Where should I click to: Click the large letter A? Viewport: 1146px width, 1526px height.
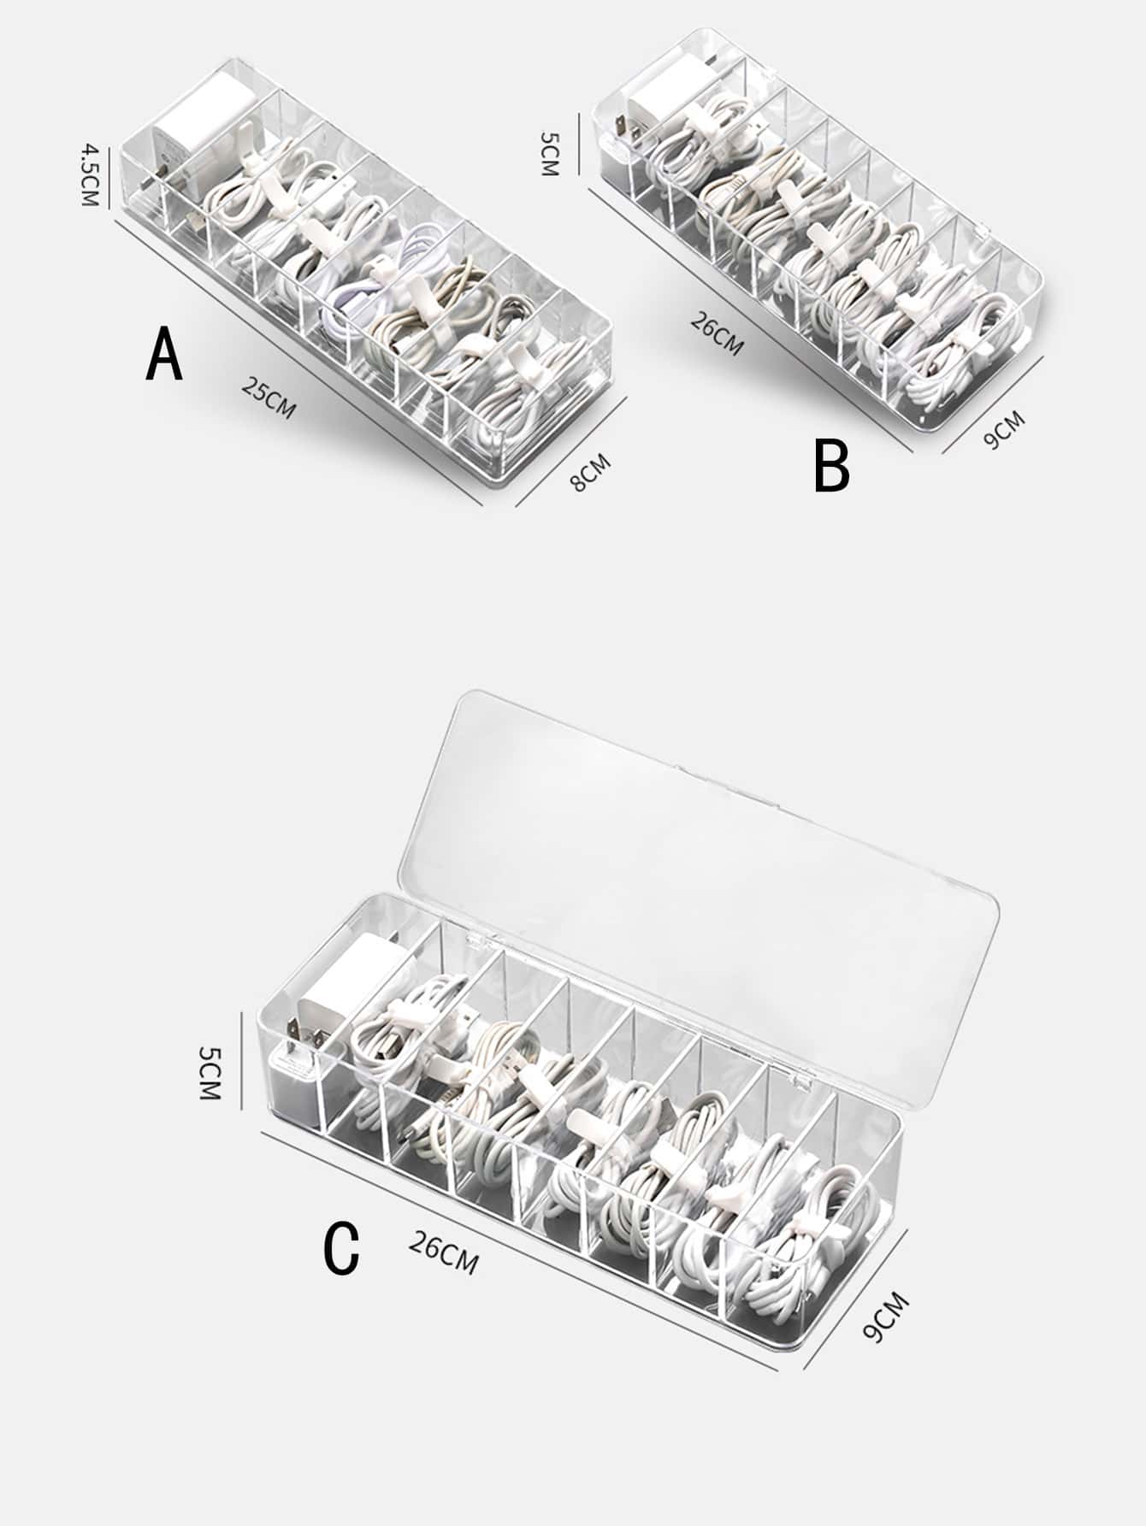[x=164, y=356]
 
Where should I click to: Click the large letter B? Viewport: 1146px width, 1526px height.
[x=831, y=466]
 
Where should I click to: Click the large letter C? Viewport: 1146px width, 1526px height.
[x=342, y=1249]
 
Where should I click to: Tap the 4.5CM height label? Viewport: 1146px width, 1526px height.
[x=90, y=175]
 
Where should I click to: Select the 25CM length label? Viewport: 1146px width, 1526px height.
[x=269, y=398]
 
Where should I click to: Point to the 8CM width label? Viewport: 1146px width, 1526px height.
[x=591, y=473]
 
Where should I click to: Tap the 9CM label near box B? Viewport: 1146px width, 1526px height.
[x=1002, y=430]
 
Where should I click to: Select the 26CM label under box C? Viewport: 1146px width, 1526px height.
[x=443, y=1252]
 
